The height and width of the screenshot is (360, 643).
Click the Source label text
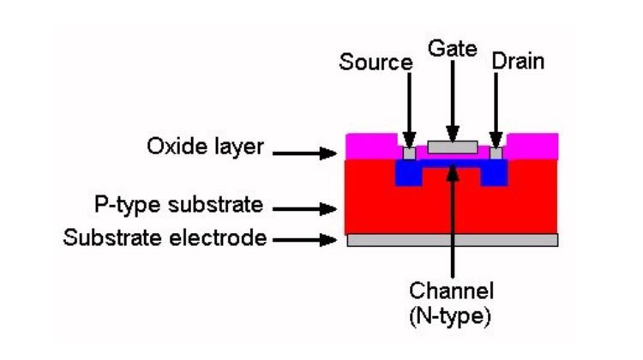(x=376, y=63)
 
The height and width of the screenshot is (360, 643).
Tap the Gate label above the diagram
(x=454, y=48)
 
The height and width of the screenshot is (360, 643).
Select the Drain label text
(x=518, y=62)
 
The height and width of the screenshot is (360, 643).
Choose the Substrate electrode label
(x=165, y=238)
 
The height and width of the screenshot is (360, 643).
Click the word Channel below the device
(x=452, y=291)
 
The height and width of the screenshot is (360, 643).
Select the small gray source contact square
(x=410, y=153)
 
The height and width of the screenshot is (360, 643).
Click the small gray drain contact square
(x=495, y=153)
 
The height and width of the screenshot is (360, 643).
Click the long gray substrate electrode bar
(x=452, y=240)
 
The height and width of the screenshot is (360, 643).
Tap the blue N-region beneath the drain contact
(x=496, y=175)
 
